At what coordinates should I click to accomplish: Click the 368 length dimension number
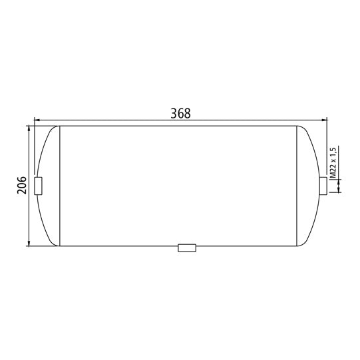point(181,113)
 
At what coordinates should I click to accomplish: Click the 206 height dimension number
point(22,185)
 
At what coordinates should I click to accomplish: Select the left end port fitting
point(38,186)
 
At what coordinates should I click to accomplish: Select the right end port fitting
point(323,186)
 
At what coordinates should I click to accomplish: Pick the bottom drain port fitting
point(187,248)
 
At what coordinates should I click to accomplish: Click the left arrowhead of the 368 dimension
point(37,120)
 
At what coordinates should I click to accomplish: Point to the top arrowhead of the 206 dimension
point(29,129)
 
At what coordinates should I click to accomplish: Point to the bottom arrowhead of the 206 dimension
point(29,243)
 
